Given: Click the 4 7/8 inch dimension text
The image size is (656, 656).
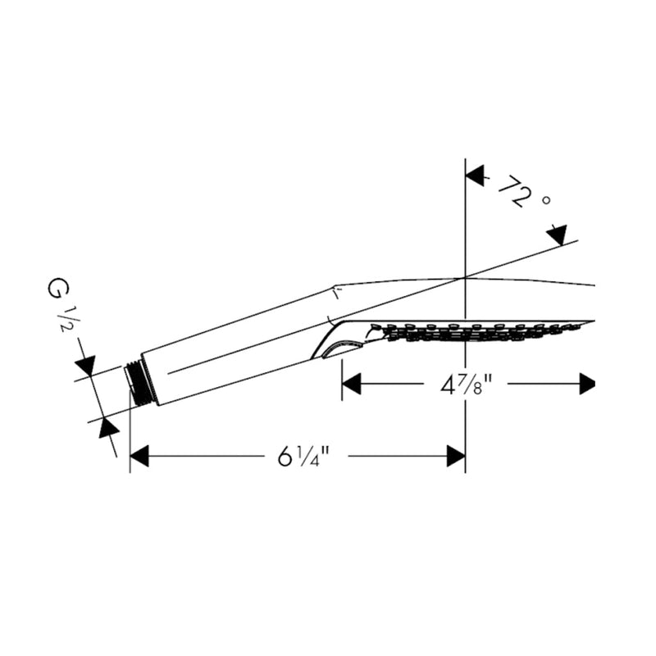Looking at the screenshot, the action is (465, 385).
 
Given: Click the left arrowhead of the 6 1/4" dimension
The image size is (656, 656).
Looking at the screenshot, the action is (139, 456).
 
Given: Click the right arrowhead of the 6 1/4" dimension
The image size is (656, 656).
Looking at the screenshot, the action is (456, 456).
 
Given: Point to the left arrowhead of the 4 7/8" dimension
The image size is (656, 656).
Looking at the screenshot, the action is (352, 384).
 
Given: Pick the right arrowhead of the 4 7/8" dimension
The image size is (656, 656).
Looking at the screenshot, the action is (587, 384).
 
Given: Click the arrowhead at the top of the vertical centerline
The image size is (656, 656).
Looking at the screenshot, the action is (475, 175).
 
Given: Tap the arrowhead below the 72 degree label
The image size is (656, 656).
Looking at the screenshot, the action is (558, 235).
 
